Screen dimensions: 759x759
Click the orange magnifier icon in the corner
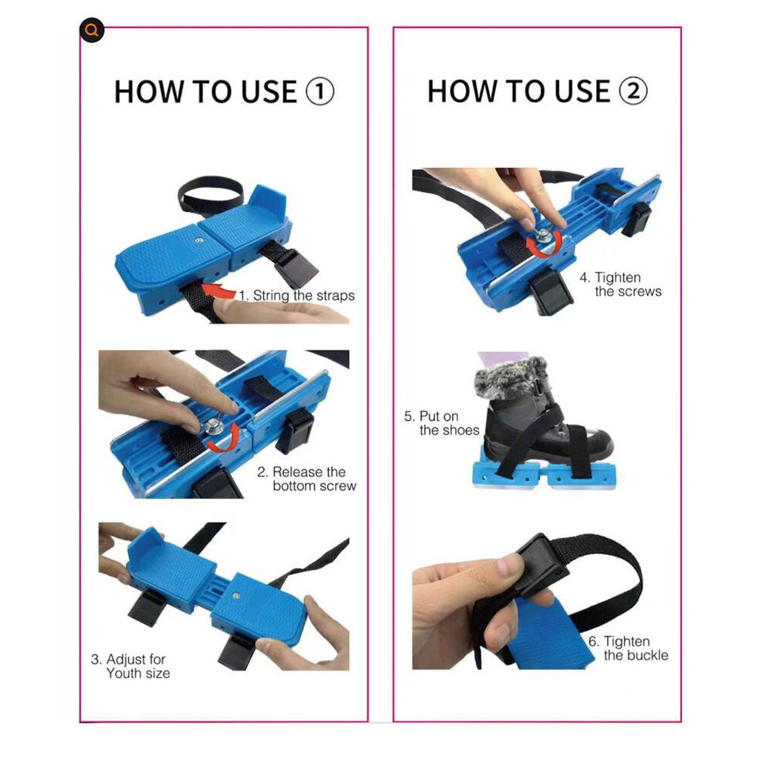point(91,30)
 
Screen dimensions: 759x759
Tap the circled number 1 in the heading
point(319,91)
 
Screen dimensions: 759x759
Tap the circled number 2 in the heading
point(633,91)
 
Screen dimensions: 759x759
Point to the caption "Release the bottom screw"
point(307,479)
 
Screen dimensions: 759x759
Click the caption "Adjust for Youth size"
point(130,666)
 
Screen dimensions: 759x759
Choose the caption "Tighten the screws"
point(620,284)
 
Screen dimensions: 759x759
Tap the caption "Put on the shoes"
point(442,423)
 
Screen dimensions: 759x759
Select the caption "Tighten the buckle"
point(629,648)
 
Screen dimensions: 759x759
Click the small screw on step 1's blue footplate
point(199,240)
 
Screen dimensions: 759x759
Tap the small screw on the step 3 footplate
point(236,595)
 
